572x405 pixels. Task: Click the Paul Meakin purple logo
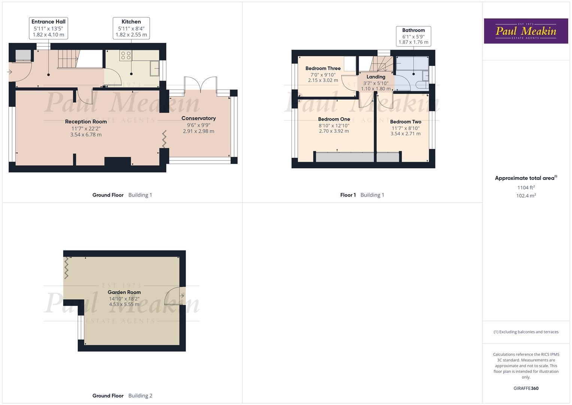click(526, 31)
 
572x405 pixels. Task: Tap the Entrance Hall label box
click(48, 28)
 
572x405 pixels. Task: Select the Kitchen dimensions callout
click(131, 28)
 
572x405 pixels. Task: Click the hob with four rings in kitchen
click(126, 55)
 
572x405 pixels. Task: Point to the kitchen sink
click(154, 68)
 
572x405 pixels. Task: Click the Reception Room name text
click(86, 121)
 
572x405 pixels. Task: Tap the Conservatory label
click(199, 118)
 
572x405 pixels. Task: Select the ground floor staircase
click(67, 59)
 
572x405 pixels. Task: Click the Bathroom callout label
click(414, 36)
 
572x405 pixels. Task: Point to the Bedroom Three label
click(323, 68)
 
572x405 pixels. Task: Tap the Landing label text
click(376, 77)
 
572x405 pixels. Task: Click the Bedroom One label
click(334, 119)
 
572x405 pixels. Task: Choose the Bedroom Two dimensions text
click(405, 131)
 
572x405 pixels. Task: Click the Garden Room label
click(124, 292)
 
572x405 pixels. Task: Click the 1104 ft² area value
click(526, 187)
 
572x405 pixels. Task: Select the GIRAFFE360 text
click(526, 388)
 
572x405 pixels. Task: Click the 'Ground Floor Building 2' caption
click(122, 396)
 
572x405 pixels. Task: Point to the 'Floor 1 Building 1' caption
click(362, 195)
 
